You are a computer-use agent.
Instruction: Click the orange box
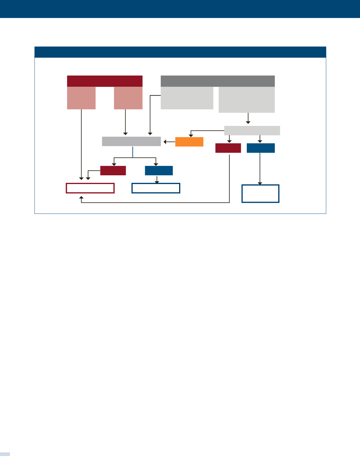click(x=189, y=142)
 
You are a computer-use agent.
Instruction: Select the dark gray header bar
click(x=218, y=81)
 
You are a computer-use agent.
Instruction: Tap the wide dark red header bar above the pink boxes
click(x=104, y=81)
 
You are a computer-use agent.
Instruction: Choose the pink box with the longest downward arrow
click(x=81, y=98)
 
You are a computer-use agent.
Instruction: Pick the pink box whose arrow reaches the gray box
click(x=128, y=98)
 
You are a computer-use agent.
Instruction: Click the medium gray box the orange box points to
click(x=131, y=141)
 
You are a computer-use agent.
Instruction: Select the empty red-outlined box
click(x=90, y=188)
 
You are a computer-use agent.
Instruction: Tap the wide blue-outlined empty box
click(x=156, y=188)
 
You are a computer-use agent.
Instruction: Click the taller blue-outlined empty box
click(x=260, y=194)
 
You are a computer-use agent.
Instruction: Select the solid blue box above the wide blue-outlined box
click(x=159, y=170)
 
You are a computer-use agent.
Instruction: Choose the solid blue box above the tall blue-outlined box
click(x=261, y=148)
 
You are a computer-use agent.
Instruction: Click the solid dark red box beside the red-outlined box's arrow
click(x=113, y=170)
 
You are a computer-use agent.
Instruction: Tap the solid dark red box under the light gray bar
click(x=228, y=148)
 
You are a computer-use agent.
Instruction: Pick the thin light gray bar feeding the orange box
click(x=252, y=130)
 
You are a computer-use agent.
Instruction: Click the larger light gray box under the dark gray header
click(x=247, y=100)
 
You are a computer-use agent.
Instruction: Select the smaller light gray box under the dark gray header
click(x=187, y=98)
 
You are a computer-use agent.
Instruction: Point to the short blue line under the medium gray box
click(x=133, y=152)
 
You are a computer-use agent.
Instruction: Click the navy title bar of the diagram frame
click(x=180, y=52)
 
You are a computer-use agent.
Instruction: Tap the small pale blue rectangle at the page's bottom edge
click(x=5, y=454)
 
